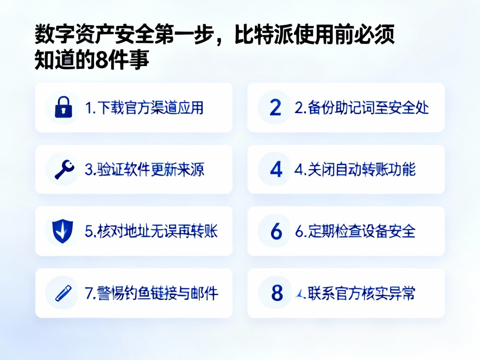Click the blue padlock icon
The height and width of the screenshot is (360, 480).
click(63, 107)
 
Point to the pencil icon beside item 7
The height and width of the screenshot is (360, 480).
click(63, 293)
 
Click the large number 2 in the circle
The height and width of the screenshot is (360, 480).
click(275, 107)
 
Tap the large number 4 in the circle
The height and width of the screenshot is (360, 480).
click(276, 169)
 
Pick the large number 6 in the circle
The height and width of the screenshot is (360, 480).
click(276, 231)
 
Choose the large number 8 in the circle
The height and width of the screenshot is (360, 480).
click(277, 293)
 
